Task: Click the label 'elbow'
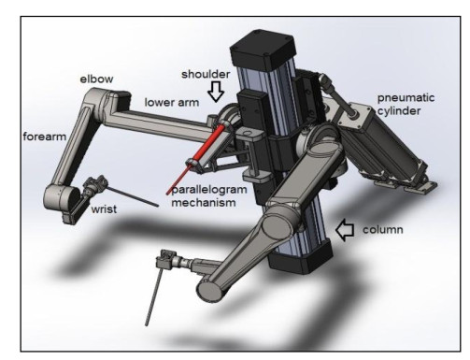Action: pyautogui.click(x=96, y=79)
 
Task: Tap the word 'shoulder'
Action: pyautogui.click(x=206, y=74)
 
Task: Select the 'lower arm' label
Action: pyautogui.click(x=172, y=103)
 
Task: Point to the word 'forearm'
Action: pyautogui.click(x=45, y=137)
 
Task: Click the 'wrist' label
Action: pyautogui.click(x=104, y=209)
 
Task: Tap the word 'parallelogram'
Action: pyautogui.click(x=209, y=190)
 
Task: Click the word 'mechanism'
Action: pyautogui.click(x=204, y=203)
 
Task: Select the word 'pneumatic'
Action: pyautogui.click(x=406, y=98)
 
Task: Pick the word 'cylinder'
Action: pyautogui.click(x=399, y=111)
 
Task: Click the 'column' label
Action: pyautogui.click(x=383, y=230)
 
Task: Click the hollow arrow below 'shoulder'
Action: pyautogui.click(x=216, y=92)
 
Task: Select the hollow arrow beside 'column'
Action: pyautogui.click(x=345, y=230)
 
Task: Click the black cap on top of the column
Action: pyautogui.click(x=263, y=49)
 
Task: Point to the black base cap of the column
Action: pyautogui.click(x=299, y=256)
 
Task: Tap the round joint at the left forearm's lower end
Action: pyautogui.click(x=58, y=199)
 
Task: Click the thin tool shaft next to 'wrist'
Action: pyautogui.click(x=133, y=197)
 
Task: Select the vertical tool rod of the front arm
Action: pyautogui.click(x=154, y=296)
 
